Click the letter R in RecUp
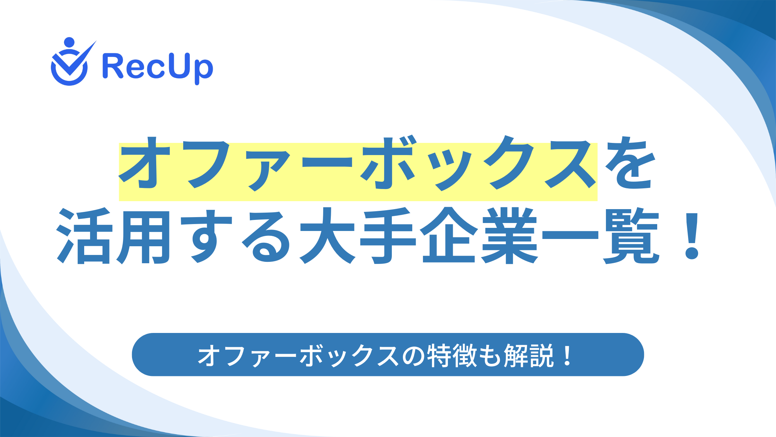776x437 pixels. tap(113, 66)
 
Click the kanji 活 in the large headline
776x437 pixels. tap(85, 236)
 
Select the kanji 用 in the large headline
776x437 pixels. tap(143, 236)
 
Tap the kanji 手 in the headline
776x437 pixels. tap(387, 236)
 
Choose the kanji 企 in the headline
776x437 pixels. tap(449, 236)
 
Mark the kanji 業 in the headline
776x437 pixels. tap(509, 236)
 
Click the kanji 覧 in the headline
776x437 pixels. tap(630, 236)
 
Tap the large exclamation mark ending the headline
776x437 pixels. tap(692, 236)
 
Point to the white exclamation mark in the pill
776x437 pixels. tap(567, 356)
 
